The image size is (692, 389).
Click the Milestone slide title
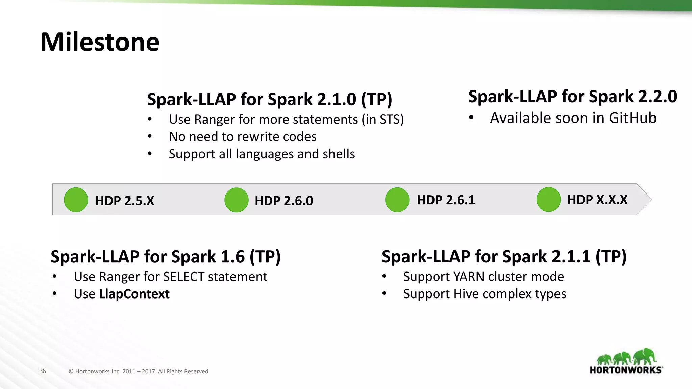pyautogui.click(x=100, y=42)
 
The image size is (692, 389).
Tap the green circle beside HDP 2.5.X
pyautogui.click(x=76, y=200)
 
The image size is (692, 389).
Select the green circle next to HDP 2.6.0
pyautogui.click(x=237, y=200)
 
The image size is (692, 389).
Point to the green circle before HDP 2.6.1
pyautogui.click(x=397, y=200)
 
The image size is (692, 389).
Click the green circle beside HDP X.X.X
pyautogui.click(x=548, y=200)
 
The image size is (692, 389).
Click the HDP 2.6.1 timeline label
pyautogui.click(x=446, y=200)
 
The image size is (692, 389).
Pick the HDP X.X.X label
pyautogui.click(x=597, y=200)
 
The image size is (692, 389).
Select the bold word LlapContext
pyautogui.click(x=134, y=294)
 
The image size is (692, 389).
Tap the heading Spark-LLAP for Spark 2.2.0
pyautogui.click(x=572, y=97)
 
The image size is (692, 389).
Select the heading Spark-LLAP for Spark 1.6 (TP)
pyautogui.click(x=166, y=257)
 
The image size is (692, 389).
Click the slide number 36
pyautogui.click(x=43, y=371)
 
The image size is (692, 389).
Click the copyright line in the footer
pyautogui.click(x=138, y=371)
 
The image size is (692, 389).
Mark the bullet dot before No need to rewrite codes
pyautogui.click(x=150, y=136)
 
